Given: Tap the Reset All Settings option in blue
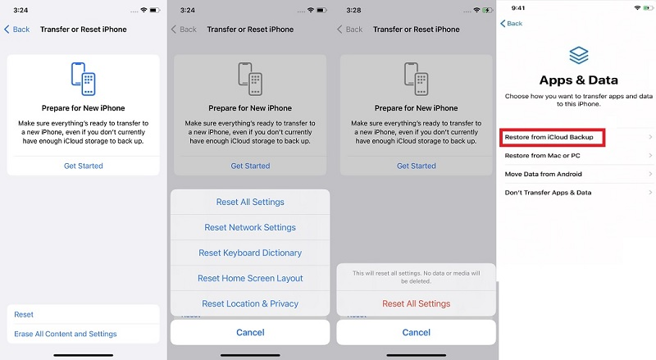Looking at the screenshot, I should tap(250, 202).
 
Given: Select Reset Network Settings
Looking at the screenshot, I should tap(250, 227).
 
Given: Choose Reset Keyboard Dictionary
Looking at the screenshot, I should tap(250, 253).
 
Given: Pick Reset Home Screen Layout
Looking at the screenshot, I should tap(250, 278).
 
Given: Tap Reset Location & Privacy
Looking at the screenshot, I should tap(250, 303).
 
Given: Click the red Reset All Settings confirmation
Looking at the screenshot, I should tap(417, 303).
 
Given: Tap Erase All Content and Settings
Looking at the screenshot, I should tap(66, 334).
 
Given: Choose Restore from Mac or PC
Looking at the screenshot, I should tap(544, 155).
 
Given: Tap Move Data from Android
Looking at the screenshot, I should tap(544, 174).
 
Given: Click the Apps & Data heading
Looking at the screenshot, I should tap(578, 80).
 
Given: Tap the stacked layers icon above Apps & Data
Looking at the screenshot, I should tap(578, 55).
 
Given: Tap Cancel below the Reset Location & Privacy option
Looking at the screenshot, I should tap(250, 332).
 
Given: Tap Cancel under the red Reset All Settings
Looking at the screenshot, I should tap(417, 332).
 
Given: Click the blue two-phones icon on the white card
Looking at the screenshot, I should tap(83, 80).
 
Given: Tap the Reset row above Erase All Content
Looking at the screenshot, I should tap(25, 314).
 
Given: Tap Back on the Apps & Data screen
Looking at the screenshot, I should tap(512, 24).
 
